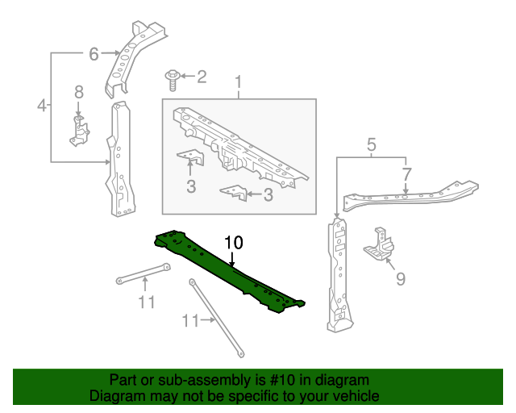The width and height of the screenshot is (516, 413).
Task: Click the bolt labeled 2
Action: click(x=172, y=77)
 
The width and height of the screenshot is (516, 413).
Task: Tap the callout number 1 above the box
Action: click(x=239, y=82)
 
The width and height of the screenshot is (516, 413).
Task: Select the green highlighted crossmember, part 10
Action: click(x=230, y=270)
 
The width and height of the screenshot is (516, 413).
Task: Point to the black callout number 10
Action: click(x=233, y=242)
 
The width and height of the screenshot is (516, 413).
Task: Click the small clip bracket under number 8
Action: click(x=78, y=131)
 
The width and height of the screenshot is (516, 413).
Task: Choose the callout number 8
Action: click(x=79, y=93)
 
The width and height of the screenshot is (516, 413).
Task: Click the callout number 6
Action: click(x=94, y=54)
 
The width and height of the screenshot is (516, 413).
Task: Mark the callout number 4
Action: click(x=42, y=105)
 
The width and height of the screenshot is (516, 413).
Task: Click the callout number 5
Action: click(x=372, y=145)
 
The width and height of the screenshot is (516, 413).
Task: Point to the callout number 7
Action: click(x=406, y=173)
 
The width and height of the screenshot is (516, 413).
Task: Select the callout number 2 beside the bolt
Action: click(x=202, y=77)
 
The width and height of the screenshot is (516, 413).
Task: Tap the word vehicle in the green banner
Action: click(x=356, y=396)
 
